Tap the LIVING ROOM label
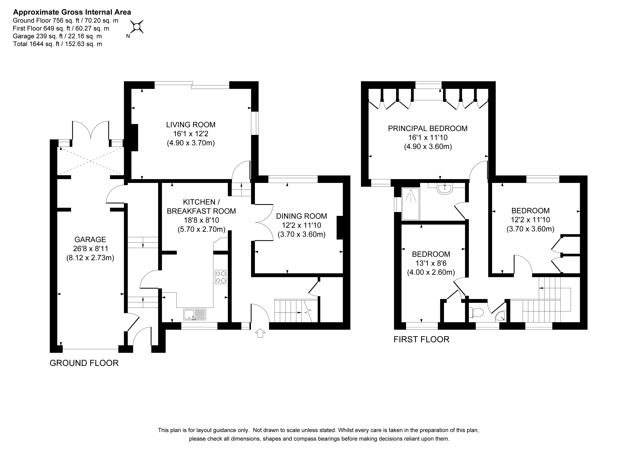point(191,125)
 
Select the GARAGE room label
point(90,239)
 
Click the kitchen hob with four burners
point(221,277)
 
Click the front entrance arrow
point(260,333)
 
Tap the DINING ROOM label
point(302,216)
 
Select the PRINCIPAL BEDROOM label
point(428,128)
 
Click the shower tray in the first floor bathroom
point(411,204)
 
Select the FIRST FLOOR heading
point(421,339)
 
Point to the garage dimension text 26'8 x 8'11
point(90,249)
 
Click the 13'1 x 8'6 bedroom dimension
point(431,263)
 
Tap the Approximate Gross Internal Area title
point(72,12)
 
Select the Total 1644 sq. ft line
point(57,44)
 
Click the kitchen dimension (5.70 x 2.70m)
point(201,229)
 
